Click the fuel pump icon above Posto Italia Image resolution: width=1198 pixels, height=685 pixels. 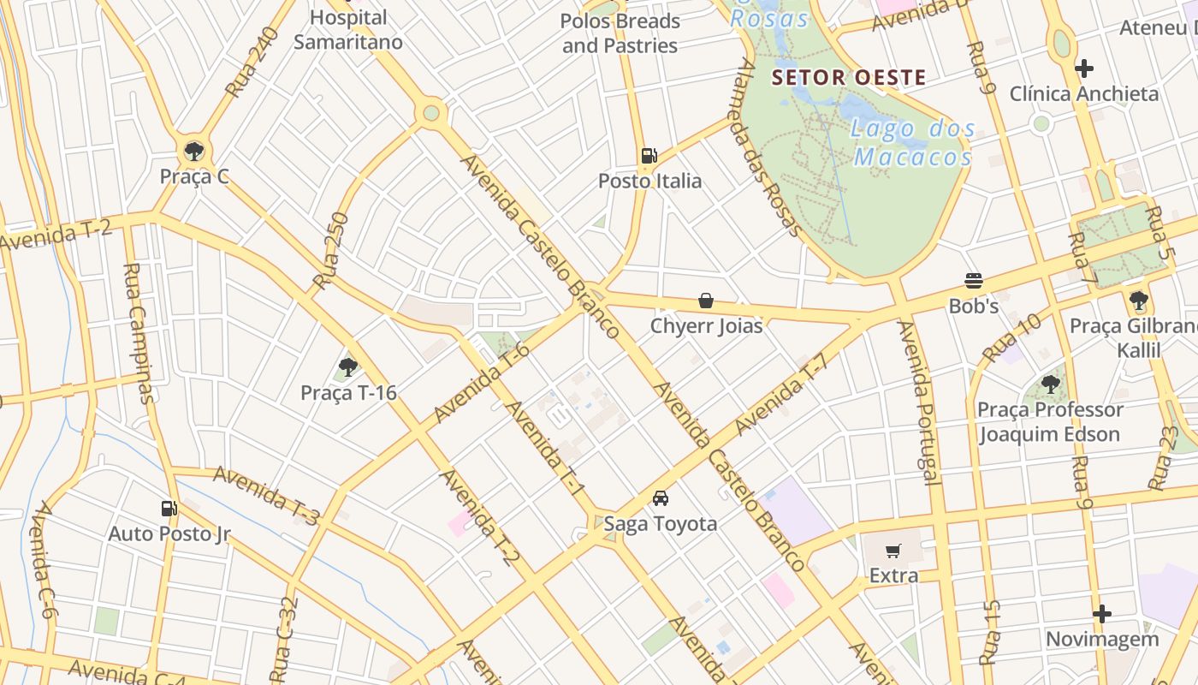pos(649,156)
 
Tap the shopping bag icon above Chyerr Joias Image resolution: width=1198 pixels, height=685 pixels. pos(706,301)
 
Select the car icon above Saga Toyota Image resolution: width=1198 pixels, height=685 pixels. pos(661,498)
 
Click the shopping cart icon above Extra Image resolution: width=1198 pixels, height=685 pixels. pos(893,551)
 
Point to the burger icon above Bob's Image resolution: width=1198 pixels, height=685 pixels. pos(973,281)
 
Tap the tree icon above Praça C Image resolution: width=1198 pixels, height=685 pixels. pos(194,152)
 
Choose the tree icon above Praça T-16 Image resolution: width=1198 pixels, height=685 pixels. pos(347,368)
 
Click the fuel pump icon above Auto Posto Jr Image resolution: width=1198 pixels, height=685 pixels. pos(169,509)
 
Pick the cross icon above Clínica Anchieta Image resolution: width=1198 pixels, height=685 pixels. pos(1084,68)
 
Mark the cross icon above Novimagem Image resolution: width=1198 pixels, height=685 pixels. pos(1102,614)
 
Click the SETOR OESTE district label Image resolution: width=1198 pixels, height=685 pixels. pos(848,78)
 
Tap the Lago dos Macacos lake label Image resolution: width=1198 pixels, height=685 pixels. pos(913,143)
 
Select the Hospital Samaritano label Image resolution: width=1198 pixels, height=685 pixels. pos(348,29)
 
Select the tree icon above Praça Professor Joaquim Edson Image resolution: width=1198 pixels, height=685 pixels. pos(1050,384)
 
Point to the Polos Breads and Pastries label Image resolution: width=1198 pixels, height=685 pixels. pos(620,33)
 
